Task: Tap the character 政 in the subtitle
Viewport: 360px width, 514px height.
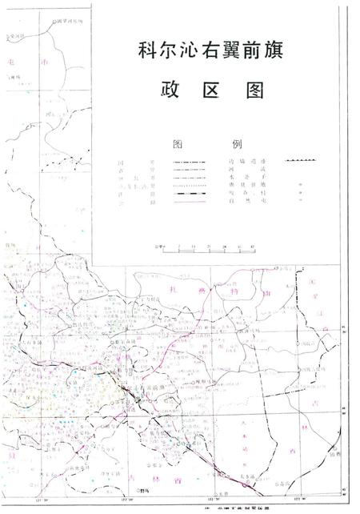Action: (171, 90)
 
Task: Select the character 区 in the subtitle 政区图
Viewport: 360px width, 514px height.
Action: (214, 90)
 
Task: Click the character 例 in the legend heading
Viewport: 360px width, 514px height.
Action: (237, 145)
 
